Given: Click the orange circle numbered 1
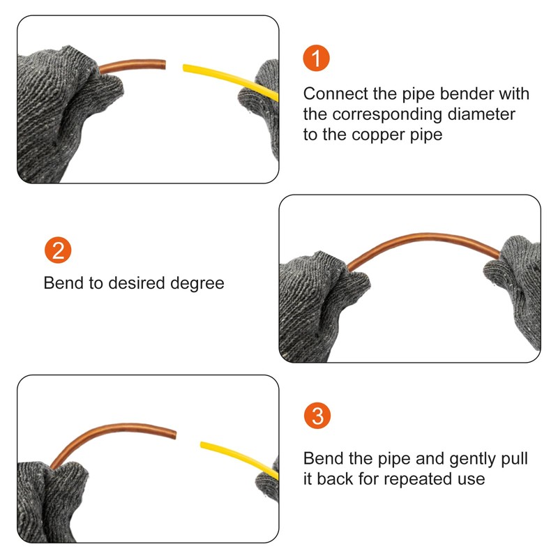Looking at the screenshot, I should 316,59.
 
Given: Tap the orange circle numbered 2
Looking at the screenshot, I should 57,250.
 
